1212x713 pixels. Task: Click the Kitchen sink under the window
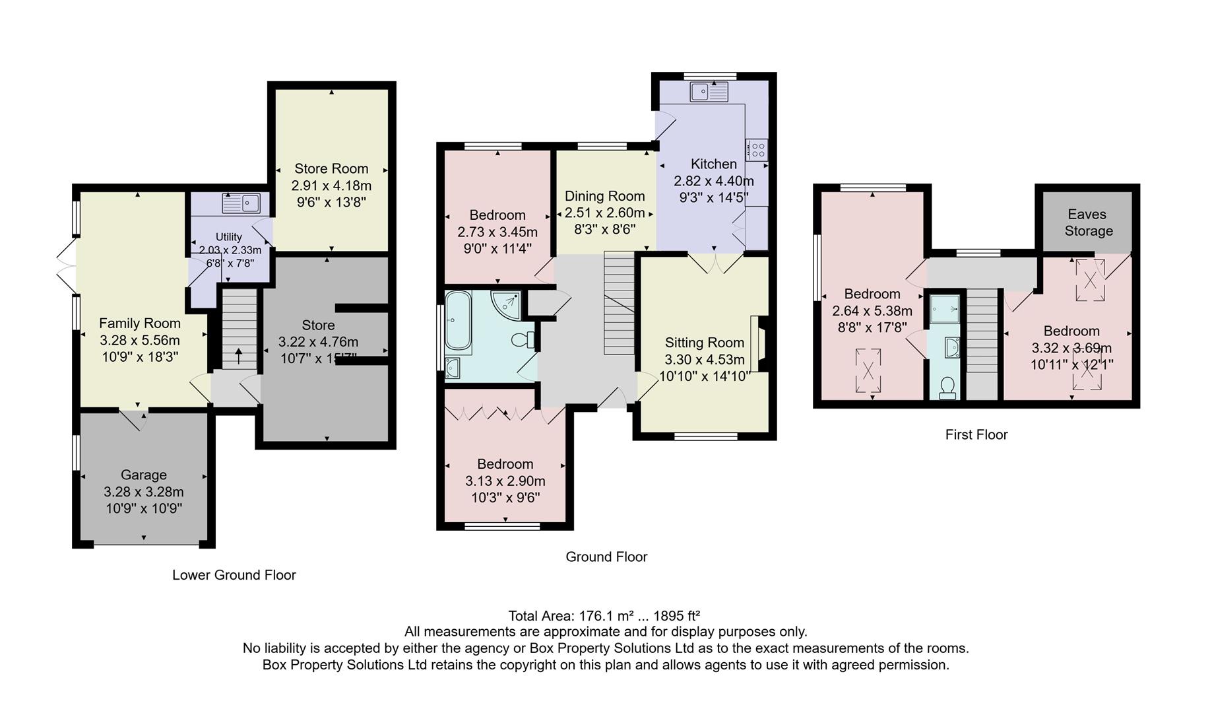tap(709, 92)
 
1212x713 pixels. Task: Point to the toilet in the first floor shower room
tap(947, 387)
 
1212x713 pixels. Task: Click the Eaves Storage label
tap(1088, 222)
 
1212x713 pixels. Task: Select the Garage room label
tap(143, 475)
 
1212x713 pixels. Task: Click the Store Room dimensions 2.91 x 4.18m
tap(331, 186)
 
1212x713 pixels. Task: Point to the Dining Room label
tap(604, 196)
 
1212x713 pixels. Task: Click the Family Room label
tap(139, 323)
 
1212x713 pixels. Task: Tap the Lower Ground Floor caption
tap(234, 575)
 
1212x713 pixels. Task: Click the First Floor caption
tap(976, 434)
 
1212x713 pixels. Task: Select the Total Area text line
tap(604, 616)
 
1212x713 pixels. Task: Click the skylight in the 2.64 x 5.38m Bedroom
tap(868, 371)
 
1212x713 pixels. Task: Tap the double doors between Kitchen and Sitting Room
tap(715, 263)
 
